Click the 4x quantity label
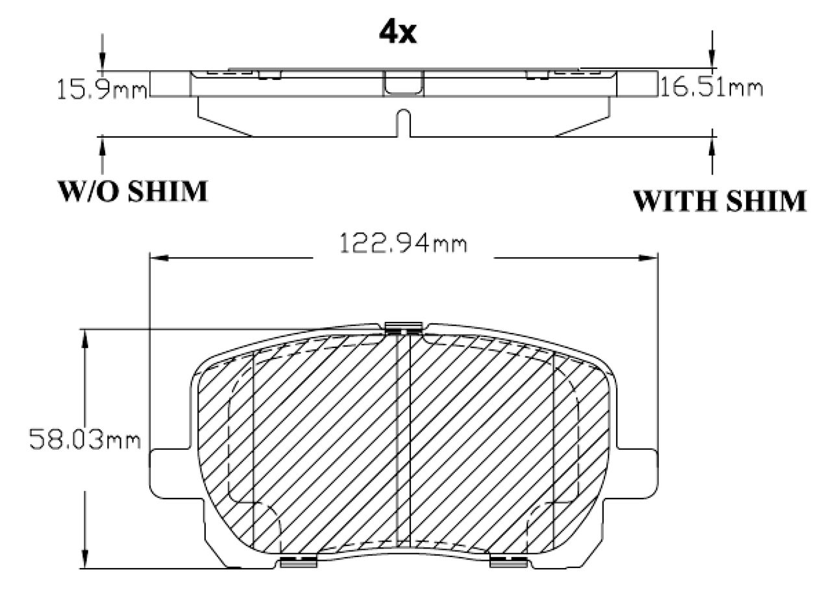[x=398, y=33]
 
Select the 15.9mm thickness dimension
[x=102, y=90]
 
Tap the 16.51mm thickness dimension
[x=712, y=88]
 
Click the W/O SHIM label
[x=133, y=192]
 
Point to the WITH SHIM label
[x=719, y=201]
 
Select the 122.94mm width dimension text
[x=403, y=243]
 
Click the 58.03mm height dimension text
[x=85, y=439]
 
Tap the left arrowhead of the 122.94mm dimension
[x=159, y=258]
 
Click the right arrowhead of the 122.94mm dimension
[x=648, y=258]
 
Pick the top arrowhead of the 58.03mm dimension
[x=85, y=339]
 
